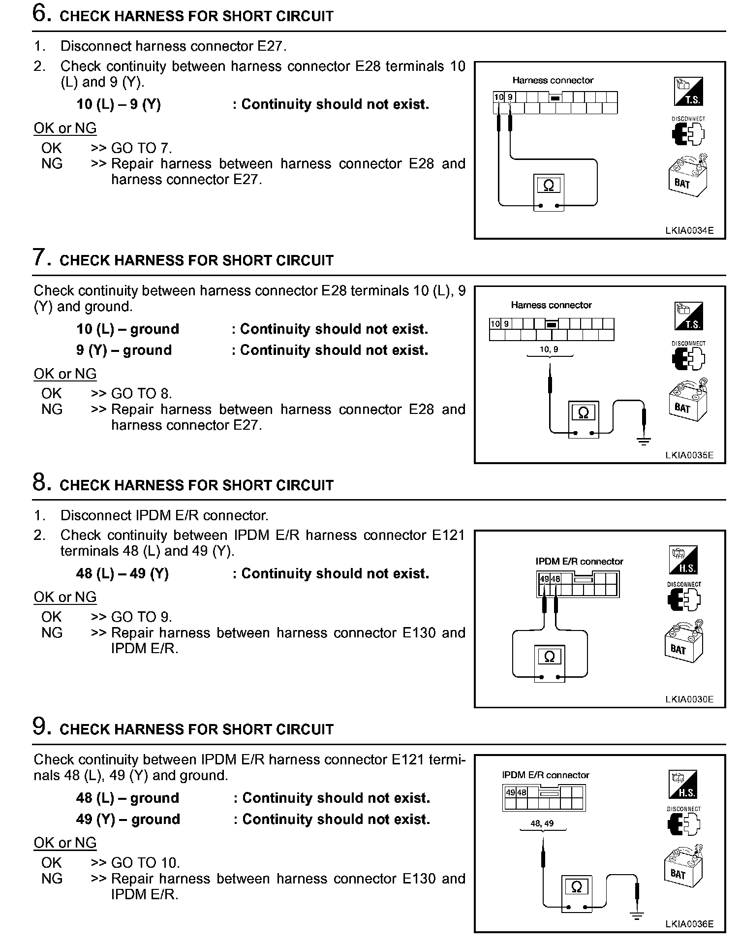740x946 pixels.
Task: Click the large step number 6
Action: click(42, 13)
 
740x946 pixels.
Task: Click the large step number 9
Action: click(42, 726)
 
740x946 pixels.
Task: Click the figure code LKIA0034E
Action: click(689, 230)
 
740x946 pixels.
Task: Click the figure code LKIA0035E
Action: click(689, 455)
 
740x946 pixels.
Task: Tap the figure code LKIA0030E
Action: click(689, 699)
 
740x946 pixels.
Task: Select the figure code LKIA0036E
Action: click(689, 924)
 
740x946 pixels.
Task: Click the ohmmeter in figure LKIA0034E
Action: click(549, 192)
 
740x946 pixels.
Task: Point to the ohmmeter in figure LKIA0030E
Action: click(550, 663)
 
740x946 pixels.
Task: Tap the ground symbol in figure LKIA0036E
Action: click(637, 915)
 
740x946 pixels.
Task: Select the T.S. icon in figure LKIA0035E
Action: click(688, 316)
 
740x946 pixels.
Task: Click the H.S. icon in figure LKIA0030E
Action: click(683, 560)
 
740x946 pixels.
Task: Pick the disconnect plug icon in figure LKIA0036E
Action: click(683, 824)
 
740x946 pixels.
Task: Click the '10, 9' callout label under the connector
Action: click(549, 349)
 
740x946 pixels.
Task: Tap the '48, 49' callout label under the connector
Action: click(542, 823)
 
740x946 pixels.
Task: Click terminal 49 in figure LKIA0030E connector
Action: click(544, 579)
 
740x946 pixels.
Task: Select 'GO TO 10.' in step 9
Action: click(146, 863)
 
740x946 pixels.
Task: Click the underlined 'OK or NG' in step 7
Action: click(65, 374)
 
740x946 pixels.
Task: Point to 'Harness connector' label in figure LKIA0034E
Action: click(553, 80)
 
